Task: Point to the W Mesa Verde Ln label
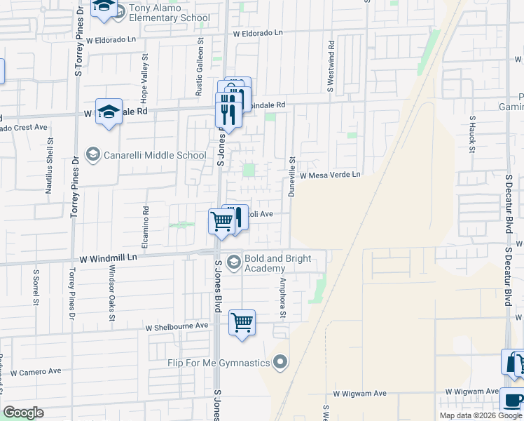(330, 175)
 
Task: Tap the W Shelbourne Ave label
(177, 326)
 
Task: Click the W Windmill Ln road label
(107, 258)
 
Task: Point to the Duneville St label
(293, 176)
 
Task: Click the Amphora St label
(284, 298)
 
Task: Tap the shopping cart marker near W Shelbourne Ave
(242, 323)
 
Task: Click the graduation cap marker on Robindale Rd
(109, 112)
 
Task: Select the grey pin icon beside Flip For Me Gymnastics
(280, 363)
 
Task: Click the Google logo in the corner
(23, 413)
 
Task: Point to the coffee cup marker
(513, 401)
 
